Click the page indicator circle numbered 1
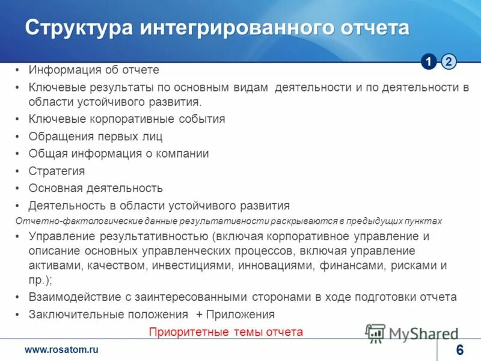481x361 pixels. tap(429, 61)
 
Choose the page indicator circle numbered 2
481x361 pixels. tap(449, 61)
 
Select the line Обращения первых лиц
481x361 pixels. tap(96, 137)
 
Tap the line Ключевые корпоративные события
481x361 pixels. tap(127, 119)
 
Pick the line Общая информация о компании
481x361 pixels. tap(118, 154)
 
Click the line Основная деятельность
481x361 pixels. tap(96, 188)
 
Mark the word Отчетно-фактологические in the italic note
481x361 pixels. tap(64, 221)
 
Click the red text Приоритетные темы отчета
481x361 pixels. tap(226, 332)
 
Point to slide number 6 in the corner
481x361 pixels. tap(460, 351)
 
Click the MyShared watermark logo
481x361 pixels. tap(412, 333)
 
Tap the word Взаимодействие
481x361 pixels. tap(72, 297)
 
